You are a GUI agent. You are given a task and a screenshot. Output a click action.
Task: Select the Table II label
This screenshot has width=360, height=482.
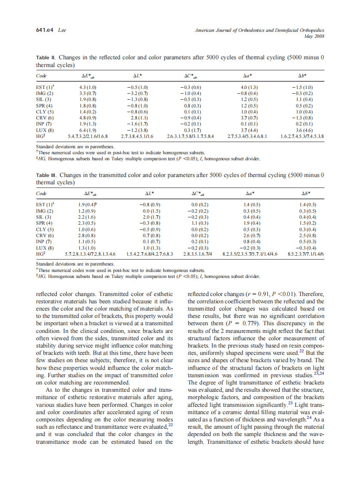point(46,57)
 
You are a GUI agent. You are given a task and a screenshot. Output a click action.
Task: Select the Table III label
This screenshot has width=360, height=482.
point(46,175)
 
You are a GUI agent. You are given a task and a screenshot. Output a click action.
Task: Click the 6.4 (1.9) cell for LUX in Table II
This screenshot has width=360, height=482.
point(88,130)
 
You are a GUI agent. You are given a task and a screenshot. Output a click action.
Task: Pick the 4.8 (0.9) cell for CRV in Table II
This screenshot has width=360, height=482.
point(88,117)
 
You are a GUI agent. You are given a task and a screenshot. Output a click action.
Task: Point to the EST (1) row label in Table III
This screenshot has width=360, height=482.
point(45,205)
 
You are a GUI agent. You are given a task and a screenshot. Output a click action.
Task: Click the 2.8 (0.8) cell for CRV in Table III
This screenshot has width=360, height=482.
point(88,235)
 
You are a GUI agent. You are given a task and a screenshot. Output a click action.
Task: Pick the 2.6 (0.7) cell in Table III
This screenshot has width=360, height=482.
point(252,235)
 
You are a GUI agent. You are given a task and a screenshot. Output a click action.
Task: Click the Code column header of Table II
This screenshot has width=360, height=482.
point(41,75)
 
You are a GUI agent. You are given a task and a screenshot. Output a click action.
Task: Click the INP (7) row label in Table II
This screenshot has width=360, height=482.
point(44,123)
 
